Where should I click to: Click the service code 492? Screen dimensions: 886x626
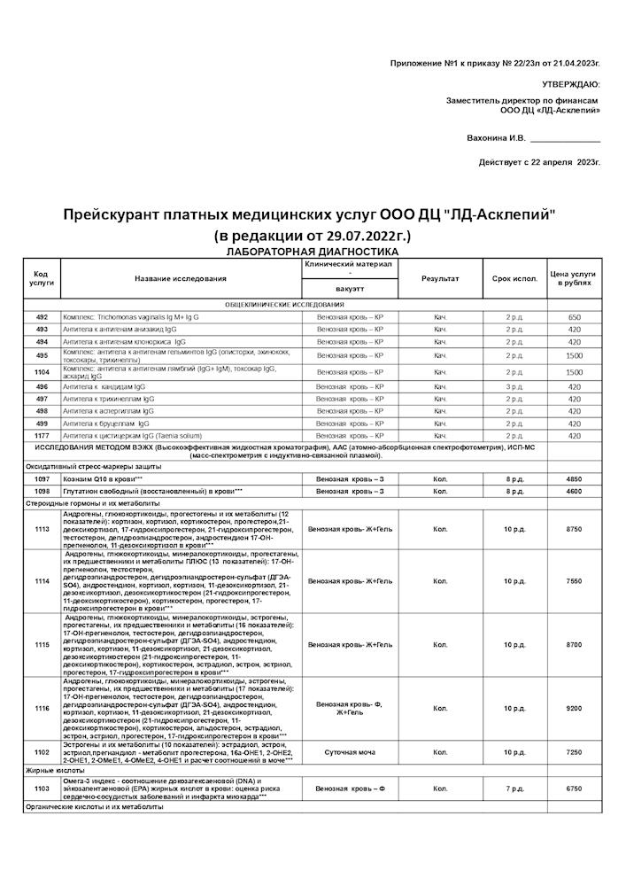42,317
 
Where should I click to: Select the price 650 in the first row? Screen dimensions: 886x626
574,317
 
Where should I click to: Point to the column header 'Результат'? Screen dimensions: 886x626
440,279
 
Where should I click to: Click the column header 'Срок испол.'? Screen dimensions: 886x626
514,279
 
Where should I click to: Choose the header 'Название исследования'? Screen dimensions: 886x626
181,279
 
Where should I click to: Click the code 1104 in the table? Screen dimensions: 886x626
42,372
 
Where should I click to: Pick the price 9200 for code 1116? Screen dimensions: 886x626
574,708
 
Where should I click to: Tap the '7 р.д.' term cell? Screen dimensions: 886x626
514,788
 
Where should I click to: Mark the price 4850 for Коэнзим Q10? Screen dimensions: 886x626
574,478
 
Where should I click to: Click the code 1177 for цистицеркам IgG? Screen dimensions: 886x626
42,436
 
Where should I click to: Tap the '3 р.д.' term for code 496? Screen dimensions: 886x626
514,387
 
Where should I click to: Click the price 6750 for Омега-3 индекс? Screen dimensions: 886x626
574,788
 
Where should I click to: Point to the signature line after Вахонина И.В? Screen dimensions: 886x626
566,140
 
